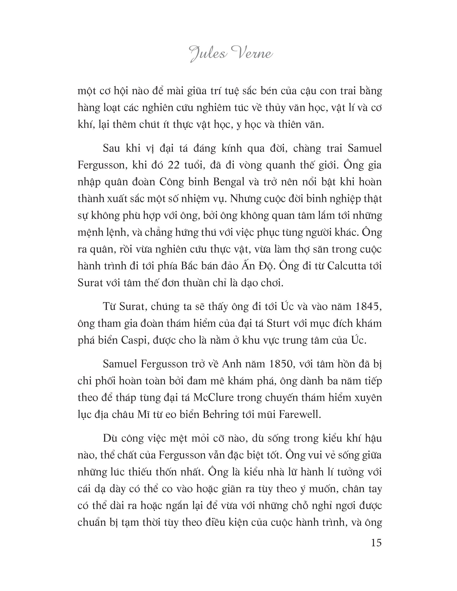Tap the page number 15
point(376,543)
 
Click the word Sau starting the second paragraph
point(111,148)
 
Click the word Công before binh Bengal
point(172,182)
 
